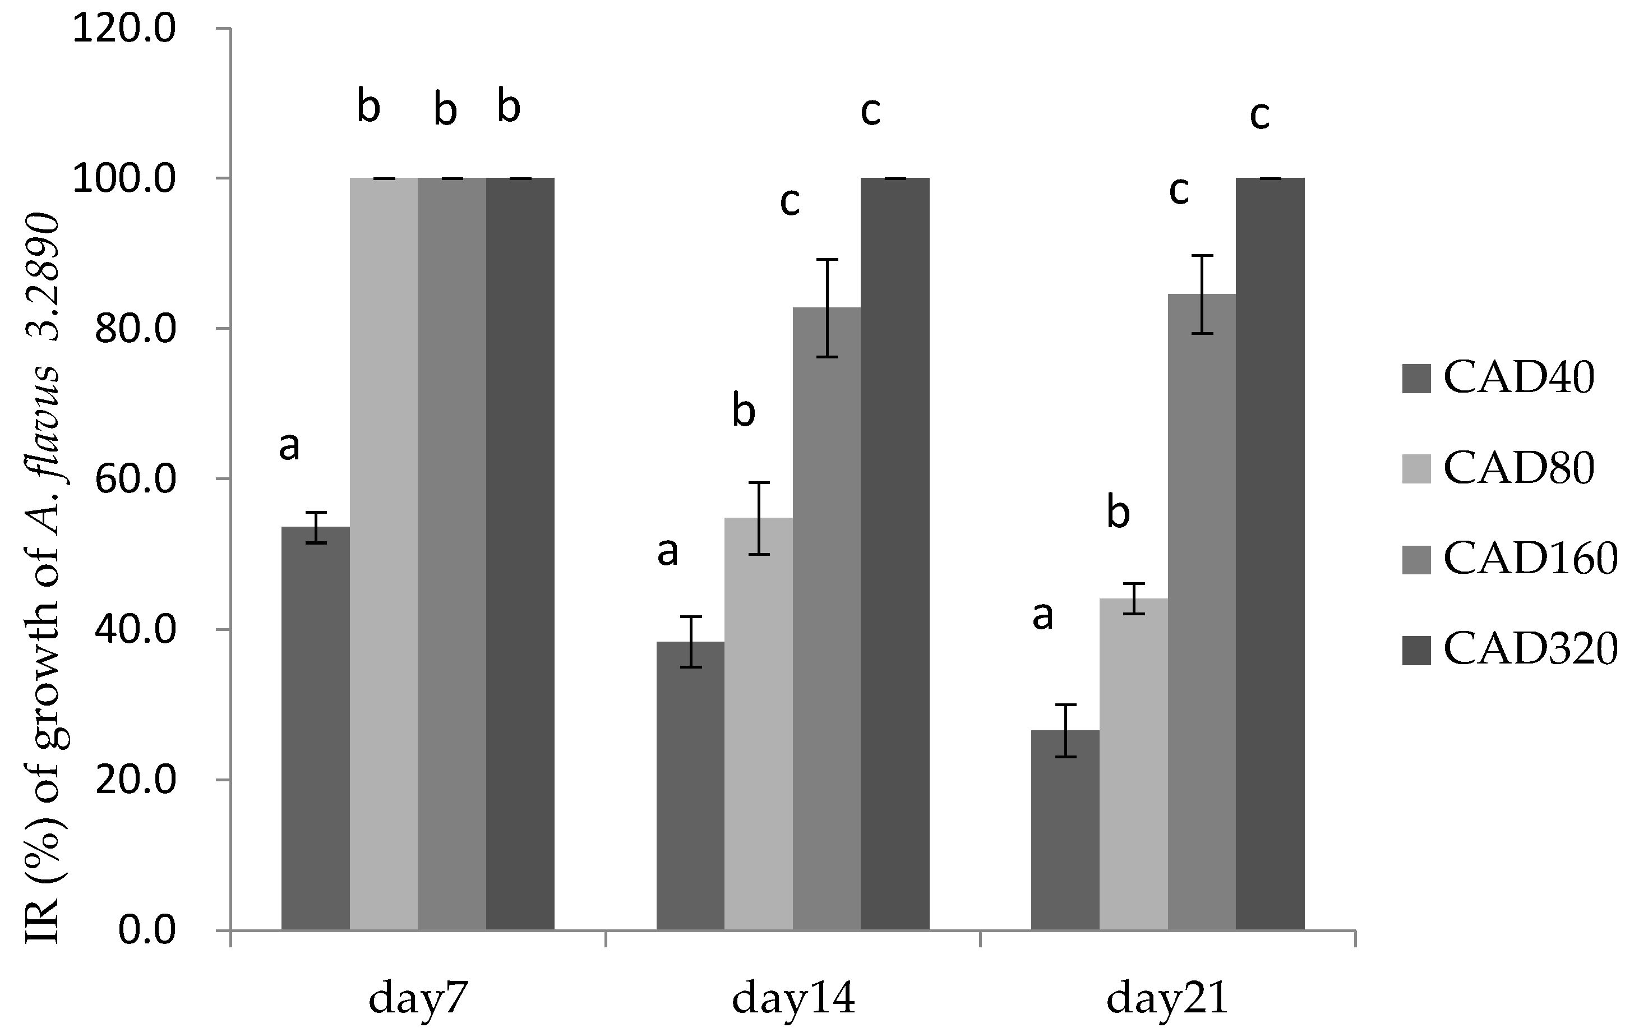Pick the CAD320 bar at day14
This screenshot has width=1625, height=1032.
(895, 554)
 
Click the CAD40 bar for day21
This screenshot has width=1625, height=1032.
(1065, 830)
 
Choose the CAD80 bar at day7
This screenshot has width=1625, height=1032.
(384, 554)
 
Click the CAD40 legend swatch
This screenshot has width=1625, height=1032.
(1416, 378)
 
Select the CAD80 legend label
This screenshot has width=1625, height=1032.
(1518, 468)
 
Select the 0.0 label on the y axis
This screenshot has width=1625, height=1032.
(147, 930)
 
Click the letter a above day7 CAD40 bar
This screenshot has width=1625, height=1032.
(289, 447)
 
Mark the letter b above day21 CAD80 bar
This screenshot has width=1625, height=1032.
(1118, 514)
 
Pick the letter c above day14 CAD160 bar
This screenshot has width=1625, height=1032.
(790, 202)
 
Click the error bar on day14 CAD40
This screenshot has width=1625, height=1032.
(690, 641)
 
